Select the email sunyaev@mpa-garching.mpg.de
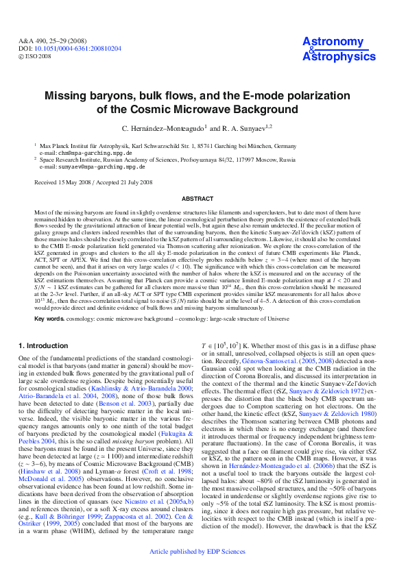(x=93, y=167)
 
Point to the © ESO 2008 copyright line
(x=34, y=56)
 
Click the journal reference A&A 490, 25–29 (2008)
(x=51, y=41)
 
